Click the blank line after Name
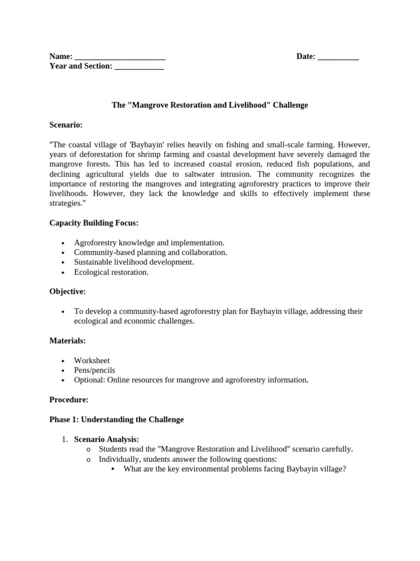click(x=120, y=57)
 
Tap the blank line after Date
click(x=338, y=57)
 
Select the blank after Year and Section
click(x=139, y=67)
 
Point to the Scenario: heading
click(x=66, y=125)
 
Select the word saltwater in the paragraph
click(x=211, y=174)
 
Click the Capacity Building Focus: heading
click(x=94, y=223)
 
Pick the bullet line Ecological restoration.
click(x=111, y=272)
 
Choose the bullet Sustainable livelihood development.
click(x=134, y=262)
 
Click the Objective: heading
click(x=67, y=291)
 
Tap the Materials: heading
click(x=67, y=341)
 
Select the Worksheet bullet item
click(x=92, y=360)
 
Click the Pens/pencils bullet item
click(x=95, y=370)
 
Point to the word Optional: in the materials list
click(x=90, y=380)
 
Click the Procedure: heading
click(x=69, y=400)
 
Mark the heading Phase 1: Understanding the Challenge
click(x=116, y=420)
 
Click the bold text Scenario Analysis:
click(x=107, y=439)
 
